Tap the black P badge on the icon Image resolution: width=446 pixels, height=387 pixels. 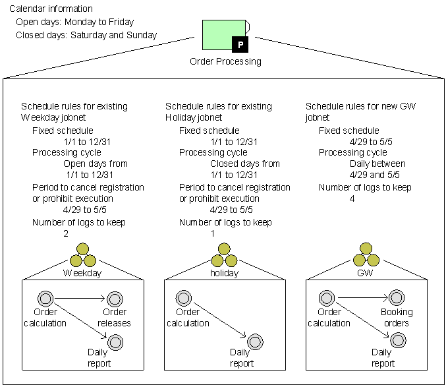tap(240, 45)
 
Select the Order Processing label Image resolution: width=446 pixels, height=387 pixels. tap(225, 61)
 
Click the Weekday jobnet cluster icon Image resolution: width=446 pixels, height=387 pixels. tap(82, 254)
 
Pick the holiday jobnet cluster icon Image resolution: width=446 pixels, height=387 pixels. tap(224, 254)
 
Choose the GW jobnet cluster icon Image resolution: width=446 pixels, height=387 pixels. tap(364, 254)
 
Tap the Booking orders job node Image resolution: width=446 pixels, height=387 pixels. tap(396, 299)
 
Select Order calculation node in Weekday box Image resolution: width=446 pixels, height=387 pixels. tap(45, 298)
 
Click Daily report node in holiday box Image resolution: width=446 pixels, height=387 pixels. tap(255, 342)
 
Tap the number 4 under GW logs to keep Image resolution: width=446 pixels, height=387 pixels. tap(352, 198)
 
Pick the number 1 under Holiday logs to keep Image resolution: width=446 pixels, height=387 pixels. tap(212, 233)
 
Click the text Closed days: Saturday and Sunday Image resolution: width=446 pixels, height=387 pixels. tap(86, 34)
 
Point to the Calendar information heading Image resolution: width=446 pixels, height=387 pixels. tap(51, 9)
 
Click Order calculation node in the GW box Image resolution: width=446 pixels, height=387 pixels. tap(327, 298)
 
